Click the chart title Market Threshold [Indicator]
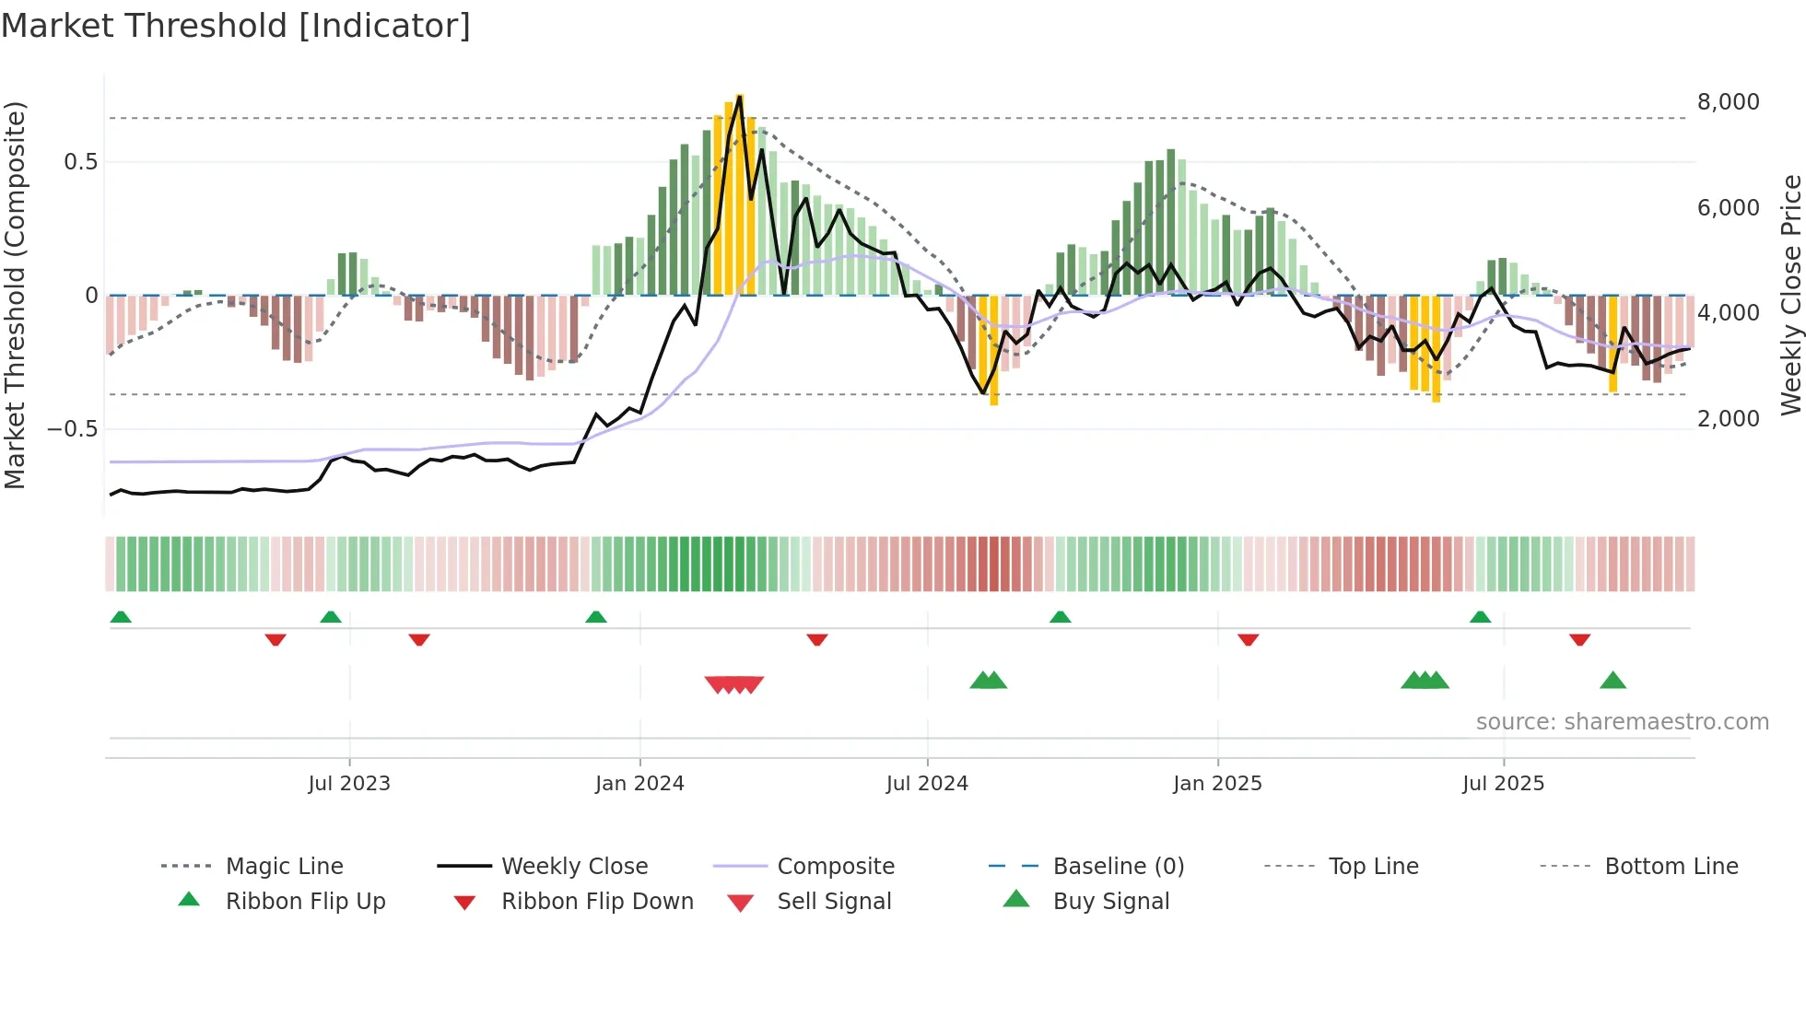point(236,26)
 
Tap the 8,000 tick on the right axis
point(1728,102)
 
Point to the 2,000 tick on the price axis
point(1728,419)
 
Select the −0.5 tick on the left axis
point(72,429)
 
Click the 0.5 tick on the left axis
point(80,162)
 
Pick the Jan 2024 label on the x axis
point(639,784)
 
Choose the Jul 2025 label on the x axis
point(1503,784)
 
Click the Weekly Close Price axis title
point(1790,295)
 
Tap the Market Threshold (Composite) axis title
point(15,295)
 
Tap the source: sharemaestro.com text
point(1622,722)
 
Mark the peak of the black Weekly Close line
point(740,96)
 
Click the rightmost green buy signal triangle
point(1612,681)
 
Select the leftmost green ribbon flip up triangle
point(121,617)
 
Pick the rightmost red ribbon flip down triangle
point(1579,639)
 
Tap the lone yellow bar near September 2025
point(1612,343)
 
